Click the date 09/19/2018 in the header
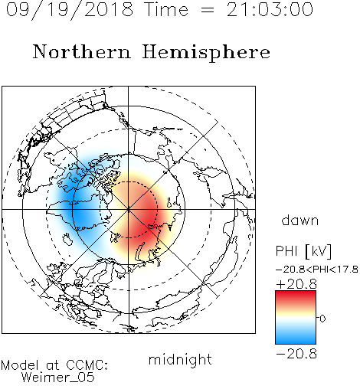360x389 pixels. [70, 10]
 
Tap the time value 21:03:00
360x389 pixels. [270, 9]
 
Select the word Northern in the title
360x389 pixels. [82, 52]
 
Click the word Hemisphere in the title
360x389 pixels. [206, 53]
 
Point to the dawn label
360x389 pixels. [300, 220]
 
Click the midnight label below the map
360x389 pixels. [180, 359]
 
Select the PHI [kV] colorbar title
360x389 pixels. [303, 251]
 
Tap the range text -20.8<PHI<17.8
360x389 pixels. [317, 270]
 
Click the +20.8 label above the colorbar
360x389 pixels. [296, 284]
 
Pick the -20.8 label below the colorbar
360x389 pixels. [296, 354]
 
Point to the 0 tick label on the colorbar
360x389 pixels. [322, 319]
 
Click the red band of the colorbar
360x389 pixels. [296, 297]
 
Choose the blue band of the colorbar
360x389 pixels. [296, 338]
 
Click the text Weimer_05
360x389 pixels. [58, 378]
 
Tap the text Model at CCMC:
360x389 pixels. [54, 365]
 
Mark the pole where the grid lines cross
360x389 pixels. [129, 209]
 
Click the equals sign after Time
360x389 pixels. [208, 10]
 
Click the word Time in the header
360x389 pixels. [166, 9]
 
